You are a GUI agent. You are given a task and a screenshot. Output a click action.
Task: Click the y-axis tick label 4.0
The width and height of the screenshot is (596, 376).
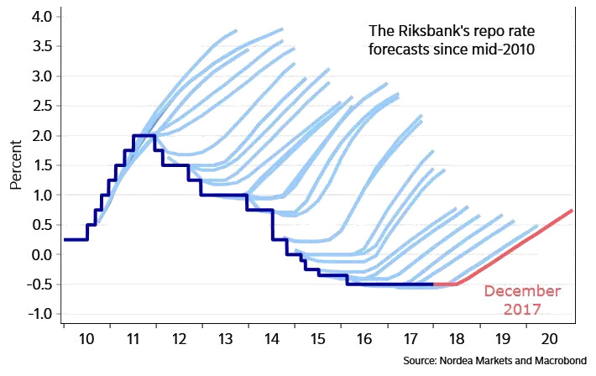point(41,17)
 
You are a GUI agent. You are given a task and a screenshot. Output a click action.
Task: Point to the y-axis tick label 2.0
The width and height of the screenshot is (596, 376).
point(41,136)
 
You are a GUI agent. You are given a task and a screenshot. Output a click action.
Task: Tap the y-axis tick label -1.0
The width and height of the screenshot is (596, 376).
point(39,314)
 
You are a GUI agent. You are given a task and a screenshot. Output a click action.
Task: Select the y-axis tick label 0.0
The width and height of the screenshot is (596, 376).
point(41,254)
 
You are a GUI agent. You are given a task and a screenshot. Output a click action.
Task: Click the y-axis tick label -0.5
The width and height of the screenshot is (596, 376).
point(39,285)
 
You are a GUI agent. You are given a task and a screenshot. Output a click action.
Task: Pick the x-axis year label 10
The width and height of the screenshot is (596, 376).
point(86,342)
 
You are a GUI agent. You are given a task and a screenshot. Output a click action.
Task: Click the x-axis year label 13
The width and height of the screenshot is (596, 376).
point(225,342)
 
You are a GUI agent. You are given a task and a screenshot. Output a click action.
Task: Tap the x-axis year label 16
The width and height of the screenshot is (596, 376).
point(364,342)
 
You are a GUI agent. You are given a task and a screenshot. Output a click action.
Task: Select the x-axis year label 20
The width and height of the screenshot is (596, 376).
point(550,342)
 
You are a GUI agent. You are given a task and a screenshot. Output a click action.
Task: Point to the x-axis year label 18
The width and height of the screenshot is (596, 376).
point(457,342)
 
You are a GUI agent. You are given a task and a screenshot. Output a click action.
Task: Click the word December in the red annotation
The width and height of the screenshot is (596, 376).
point(522,291)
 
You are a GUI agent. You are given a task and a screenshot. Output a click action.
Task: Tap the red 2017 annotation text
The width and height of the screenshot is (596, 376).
point(522,310)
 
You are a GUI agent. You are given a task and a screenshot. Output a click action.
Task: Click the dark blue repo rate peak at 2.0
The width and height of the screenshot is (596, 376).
point(144,136)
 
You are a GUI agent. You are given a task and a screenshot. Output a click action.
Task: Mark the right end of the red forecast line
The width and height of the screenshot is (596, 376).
point(572,210)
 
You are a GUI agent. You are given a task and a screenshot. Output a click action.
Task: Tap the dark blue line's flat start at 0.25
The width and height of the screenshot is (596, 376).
point(76,239)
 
